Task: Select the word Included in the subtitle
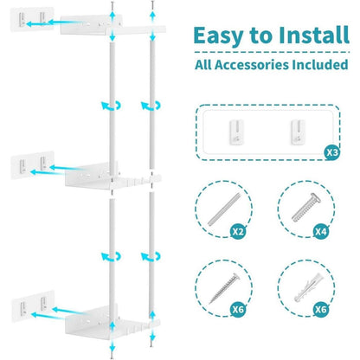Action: coord(320,64)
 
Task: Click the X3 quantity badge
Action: coord(332,152)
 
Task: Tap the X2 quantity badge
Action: coord(238,231)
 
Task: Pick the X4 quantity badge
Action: coord(321,231)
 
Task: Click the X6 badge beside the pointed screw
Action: coord(238,310)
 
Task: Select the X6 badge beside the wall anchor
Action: coord(321,310)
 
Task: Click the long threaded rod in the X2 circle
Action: coord(223,209)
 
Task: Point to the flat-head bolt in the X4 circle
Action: coord(305,208)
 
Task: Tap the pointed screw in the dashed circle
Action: coord(224,288)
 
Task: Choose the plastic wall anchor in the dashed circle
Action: coord(307,287)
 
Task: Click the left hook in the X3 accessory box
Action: coord(236,132)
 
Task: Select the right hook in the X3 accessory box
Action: coord(298,132)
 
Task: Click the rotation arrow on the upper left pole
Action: coord(111,106)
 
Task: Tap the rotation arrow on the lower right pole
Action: coord(151,256)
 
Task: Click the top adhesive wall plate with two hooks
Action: coord(32,19)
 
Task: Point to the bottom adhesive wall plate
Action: coord(33,306)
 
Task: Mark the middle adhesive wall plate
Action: coord(33,165)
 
